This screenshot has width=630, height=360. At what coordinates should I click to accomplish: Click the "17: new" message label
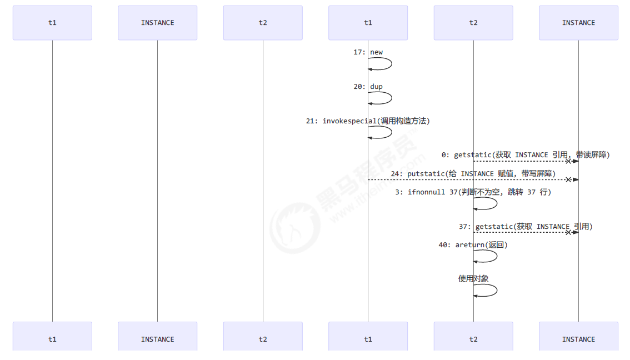(368, 52)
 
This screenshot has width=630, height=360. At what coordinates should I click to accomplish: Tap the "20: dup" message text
(368, 87)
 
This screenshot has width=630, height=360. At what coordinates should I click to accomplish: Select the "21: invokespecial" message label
(368, 121)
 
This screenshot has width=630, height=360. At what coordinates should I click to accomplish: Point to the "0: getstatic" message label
(526, 155)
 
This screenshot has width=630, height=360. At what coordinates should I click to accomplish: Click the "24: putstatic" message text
(473, 174)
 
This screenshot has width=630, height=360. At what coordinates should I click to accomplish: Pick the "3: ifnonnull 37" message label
(473, 192)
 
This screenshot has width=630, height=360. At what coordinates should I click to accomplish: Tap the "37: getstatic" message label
(526, 227)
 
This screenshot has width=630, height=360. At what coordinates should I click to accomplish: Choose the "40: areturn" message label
(473, 244)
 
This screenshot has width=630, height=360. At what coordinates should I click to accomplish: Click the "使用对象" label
(473, 279)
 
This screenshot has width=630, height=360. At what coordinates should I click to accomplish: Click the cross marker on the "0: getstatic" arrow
(568, 161)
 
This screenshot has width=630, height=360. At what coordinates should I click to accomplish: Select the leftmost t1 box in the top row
(52, 23)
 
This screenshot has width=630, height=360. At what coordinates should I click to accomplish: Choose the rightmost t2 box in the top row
(473, 23)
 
